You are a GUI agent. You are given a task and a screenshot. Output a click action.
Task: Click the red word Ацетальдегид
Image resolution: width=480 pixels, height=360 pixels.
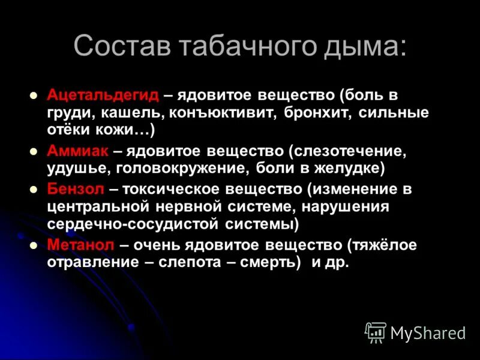[x=103, y=95]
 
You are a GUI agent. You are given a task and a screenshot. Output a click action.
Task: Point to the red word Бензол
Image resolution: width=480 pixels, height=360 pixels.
[x=76, y=189]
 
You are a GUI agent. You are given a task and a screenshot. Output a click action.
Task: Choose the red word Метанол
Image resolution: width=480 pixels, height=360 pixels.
[x=80, y=245]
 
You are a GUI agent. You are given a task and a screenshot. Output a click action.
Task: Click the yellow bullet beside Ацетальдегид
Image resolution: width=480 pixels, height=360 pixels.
[x=34, y=95]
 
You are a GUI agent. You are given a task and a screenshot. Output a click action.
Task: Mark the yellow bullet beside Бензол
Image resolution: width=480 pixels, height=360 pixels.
[x=34, y=189]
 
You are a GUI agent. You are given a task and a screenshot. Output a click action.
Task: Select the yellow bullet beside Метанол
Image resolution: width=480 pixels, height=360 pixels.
[x=34, y=245]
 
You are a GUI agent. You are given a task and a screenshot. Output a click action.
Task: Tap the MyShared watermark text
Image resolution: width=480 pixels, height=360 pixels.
[x=428, y=332]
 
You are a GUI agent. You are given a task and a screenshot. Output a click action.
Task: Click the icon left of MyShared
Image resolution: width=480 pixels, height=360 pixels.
[x=375, y=332]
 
